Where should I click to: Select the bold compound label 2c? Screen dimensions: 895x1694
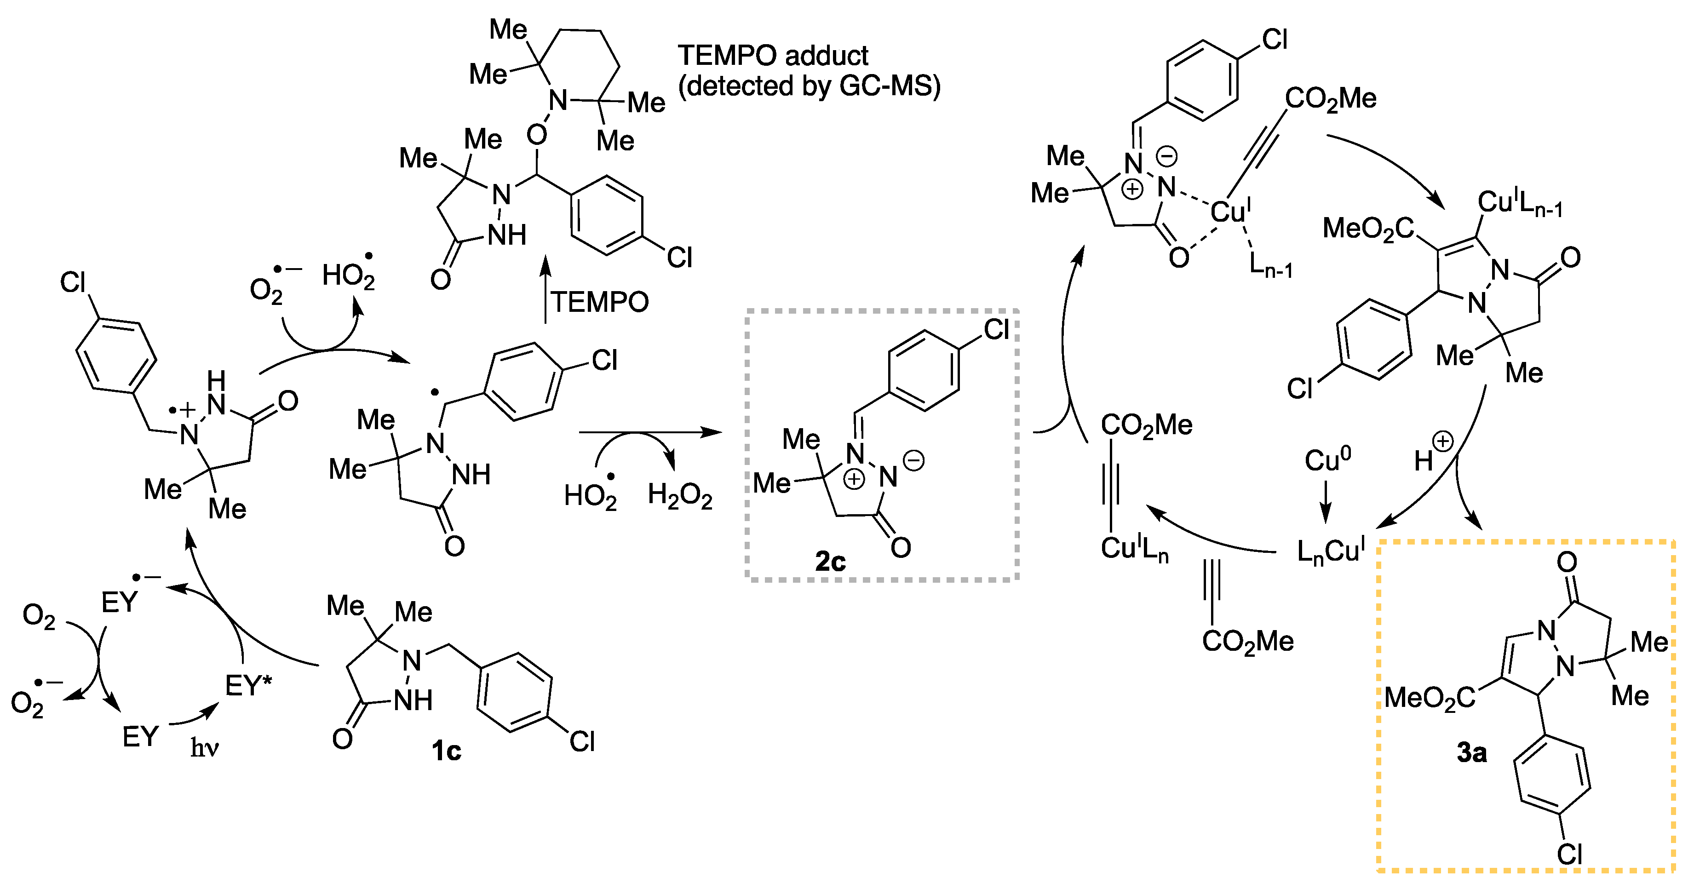coord(830,562)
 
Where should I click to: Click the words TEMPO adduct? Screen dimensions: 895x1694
coord(773,56)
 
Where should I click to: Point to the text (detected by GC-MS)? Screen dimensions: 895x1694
coord(809,86)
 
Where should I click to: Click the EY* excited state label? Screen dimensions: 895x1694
coord(248,686)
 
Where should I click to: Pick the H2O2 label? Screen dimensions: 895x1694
coord(679,495)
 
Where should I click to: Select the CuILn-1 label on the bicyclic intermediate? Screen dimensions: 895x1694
coord(1519,203)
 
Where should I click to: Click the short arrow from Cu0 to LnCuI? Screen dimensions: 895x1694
coord(1326,503)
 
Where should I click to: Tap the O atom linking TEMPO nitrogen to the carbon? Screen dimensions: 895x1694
coord(537,135)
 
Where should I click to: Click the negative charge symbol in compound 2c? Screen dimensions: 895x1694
coord(913,460)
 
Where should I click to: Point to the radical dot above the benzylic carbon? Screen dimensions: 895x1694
coord(435,393)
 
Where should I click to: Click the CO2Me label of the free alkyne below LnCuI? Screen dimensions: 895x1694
coord(1247,641)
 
